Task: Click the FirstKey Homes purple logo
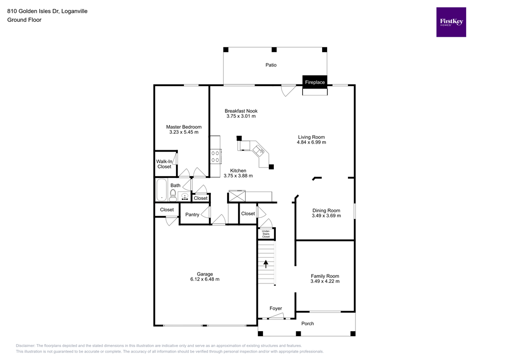(x=451, y=22)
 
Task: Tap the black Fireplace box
(x=315, y=82)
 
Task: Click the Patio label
(x=271, y=65)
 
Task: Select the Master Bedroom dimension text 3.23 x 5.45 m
(x=184, y=132)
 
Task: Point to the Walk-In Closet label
(x=165, y=164)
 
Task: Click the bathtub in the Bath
(x=162, y=190)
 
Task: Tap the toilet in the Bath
(x=173, y=195)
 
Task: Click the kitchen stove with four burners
(x=215, y=157)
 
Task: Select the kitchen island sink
(x=258, y=149)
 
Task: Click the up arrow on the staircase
(x=266, y=264)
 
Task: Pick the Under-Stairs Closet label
(x=266, y=234)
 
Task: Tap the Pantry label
(x=192, y=215)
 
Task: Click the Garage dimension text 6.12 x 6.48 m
(x=205, y=279)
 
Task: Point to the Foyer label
(x=276, y=308)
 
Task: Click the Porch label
(x=308, y=324)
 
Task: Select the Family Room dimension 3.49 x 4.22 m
(x=325, y=281)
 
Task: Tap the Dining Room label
(x=326, y=210)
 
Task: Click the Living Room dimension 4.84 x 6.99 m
(x=312, y=143)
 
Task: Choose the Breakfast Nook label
(x=241, y=111)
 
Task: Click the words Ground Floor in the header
(x=24, y=20)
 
